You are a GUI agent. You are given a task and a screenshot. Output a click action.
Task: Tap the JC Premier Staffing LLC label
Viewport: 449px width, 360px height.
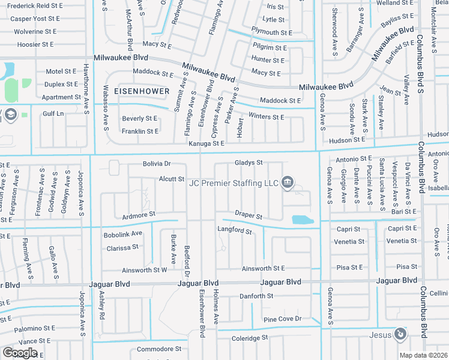(234, 182)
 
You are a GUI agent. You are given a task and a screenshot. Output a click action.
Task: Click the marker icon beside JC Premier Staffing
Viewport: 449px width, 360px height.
(287, 182)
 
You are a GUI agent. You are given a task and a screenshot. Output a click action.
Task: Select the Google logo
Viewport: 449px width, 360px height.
(20, 352)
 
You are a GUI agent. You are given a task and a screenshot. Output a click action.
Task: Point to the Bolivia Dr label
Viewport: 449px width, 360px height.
(157, 163)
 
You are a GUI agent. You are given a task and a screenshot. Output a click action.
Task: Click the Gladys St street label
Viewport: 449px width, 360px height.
(249, 163)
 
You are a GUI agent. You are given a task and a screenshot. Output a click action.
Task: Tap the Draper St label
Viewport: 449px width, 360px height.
(249, 215)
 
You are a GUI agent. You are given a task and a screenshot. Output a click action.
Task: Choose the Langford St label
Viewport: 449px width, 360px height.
(234, 230)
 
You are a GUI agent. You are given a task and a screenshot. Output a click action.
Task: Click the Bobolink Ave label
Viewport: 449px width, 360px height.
(122, 233)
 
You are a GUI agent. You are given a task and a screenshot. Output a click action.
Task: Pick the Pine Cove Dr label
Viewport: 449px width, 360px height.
(282, 319)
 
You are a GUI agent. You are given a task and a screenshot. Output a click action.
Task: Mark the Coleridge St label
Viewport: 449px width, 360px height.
(250, 338)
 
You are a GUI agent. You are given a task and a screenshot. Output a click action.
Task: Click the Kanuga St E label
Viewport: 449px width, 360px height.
(206, 143)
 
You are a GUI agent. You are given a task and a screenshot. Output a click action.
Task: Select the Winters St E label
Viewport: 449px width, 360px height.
(266, 117)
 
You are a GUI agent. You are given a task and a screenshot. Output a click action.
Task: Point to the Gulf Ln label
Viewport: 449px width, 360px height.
(53, 113)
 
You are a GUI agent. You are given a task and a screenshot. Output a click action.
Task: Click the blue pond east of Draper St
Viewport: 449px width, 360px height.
(302, 220)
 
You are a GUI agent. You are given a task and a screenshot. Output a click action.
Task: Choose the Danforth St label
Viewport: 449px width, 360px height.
(256, 296)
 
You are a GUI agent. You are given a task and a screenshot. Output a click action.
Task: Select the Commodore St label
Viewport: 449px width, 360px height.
(159, 349)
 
